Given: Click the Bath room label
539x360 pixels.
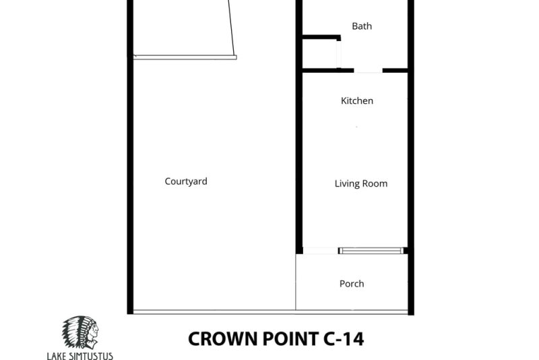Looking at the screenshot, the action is point(362,26).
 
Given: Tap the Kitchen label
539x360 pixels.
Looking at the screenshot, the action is point(357,100).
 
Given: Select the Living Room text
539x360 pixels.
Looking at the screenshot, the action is point(361,183).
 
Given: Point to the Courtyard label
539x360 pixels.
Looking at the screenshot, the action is point(186,181).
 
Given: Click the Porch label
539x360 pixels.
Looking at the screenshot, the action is point(352,284).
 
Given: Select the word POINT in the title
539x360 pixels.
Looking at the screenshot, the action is point(291,338).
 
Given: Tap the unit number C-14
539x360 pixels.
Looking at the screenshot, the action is point(344,338).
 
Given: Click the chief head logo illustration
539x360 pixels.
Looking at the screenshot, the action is point(80,332).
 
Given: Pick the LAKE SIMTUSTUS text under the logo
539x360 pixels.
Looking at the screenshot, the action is point(80,355).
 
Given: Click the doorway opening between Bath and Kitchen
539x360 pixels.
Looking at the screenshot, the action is point(368,71).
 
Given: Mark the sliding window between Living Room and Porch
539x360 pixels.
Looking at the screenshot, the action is point(371,251).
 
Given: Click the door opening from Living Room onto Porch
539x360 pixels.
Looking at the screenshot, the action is point(321,251).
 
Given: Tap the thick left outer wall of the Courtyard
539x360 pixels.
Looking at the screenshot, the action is point(130,157).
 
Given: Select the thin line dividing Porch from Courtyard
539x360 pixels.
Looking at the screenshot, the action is point(296,282).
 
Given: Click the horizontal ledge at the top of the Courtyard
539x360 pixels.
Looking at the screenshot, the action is point(185,57).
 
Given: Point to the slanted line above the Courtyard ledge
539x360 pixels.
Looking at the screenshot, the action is point(232,28).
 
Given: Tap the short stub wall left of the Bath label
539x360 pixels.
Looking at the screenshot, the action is point(321,37).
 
